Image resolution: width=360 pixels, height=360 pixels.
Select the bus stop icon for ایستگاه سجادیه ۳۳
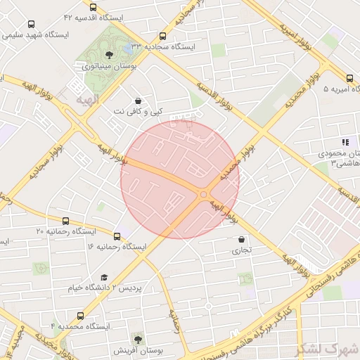pos(163,35)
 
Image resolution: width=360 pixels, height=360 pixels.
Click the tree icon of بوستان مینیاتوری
pos(110,54)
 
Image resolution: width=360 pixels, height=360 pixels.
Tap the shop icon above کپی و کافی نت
pos(136,101)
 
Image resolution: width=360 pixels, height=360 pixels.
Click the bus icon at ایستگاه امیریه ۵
pos(349,79)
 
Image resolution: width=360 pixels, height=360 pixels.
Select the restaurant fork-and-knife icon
pos(345,141)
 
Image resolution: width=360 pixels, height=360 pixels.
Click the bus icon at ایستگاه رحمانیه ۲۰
pos(66,221)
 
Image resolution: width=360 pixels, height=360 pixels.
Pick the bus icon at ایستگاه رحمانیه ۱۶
pos(117,236)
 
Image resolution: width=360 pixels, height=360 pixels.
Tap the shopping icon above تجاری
pos(242,239)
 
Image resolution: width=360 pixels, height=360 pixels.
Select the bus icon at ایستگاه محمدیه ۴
pos(80,316)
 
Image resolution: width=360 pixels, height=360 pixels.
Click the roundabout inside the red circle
pos(204,194)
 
